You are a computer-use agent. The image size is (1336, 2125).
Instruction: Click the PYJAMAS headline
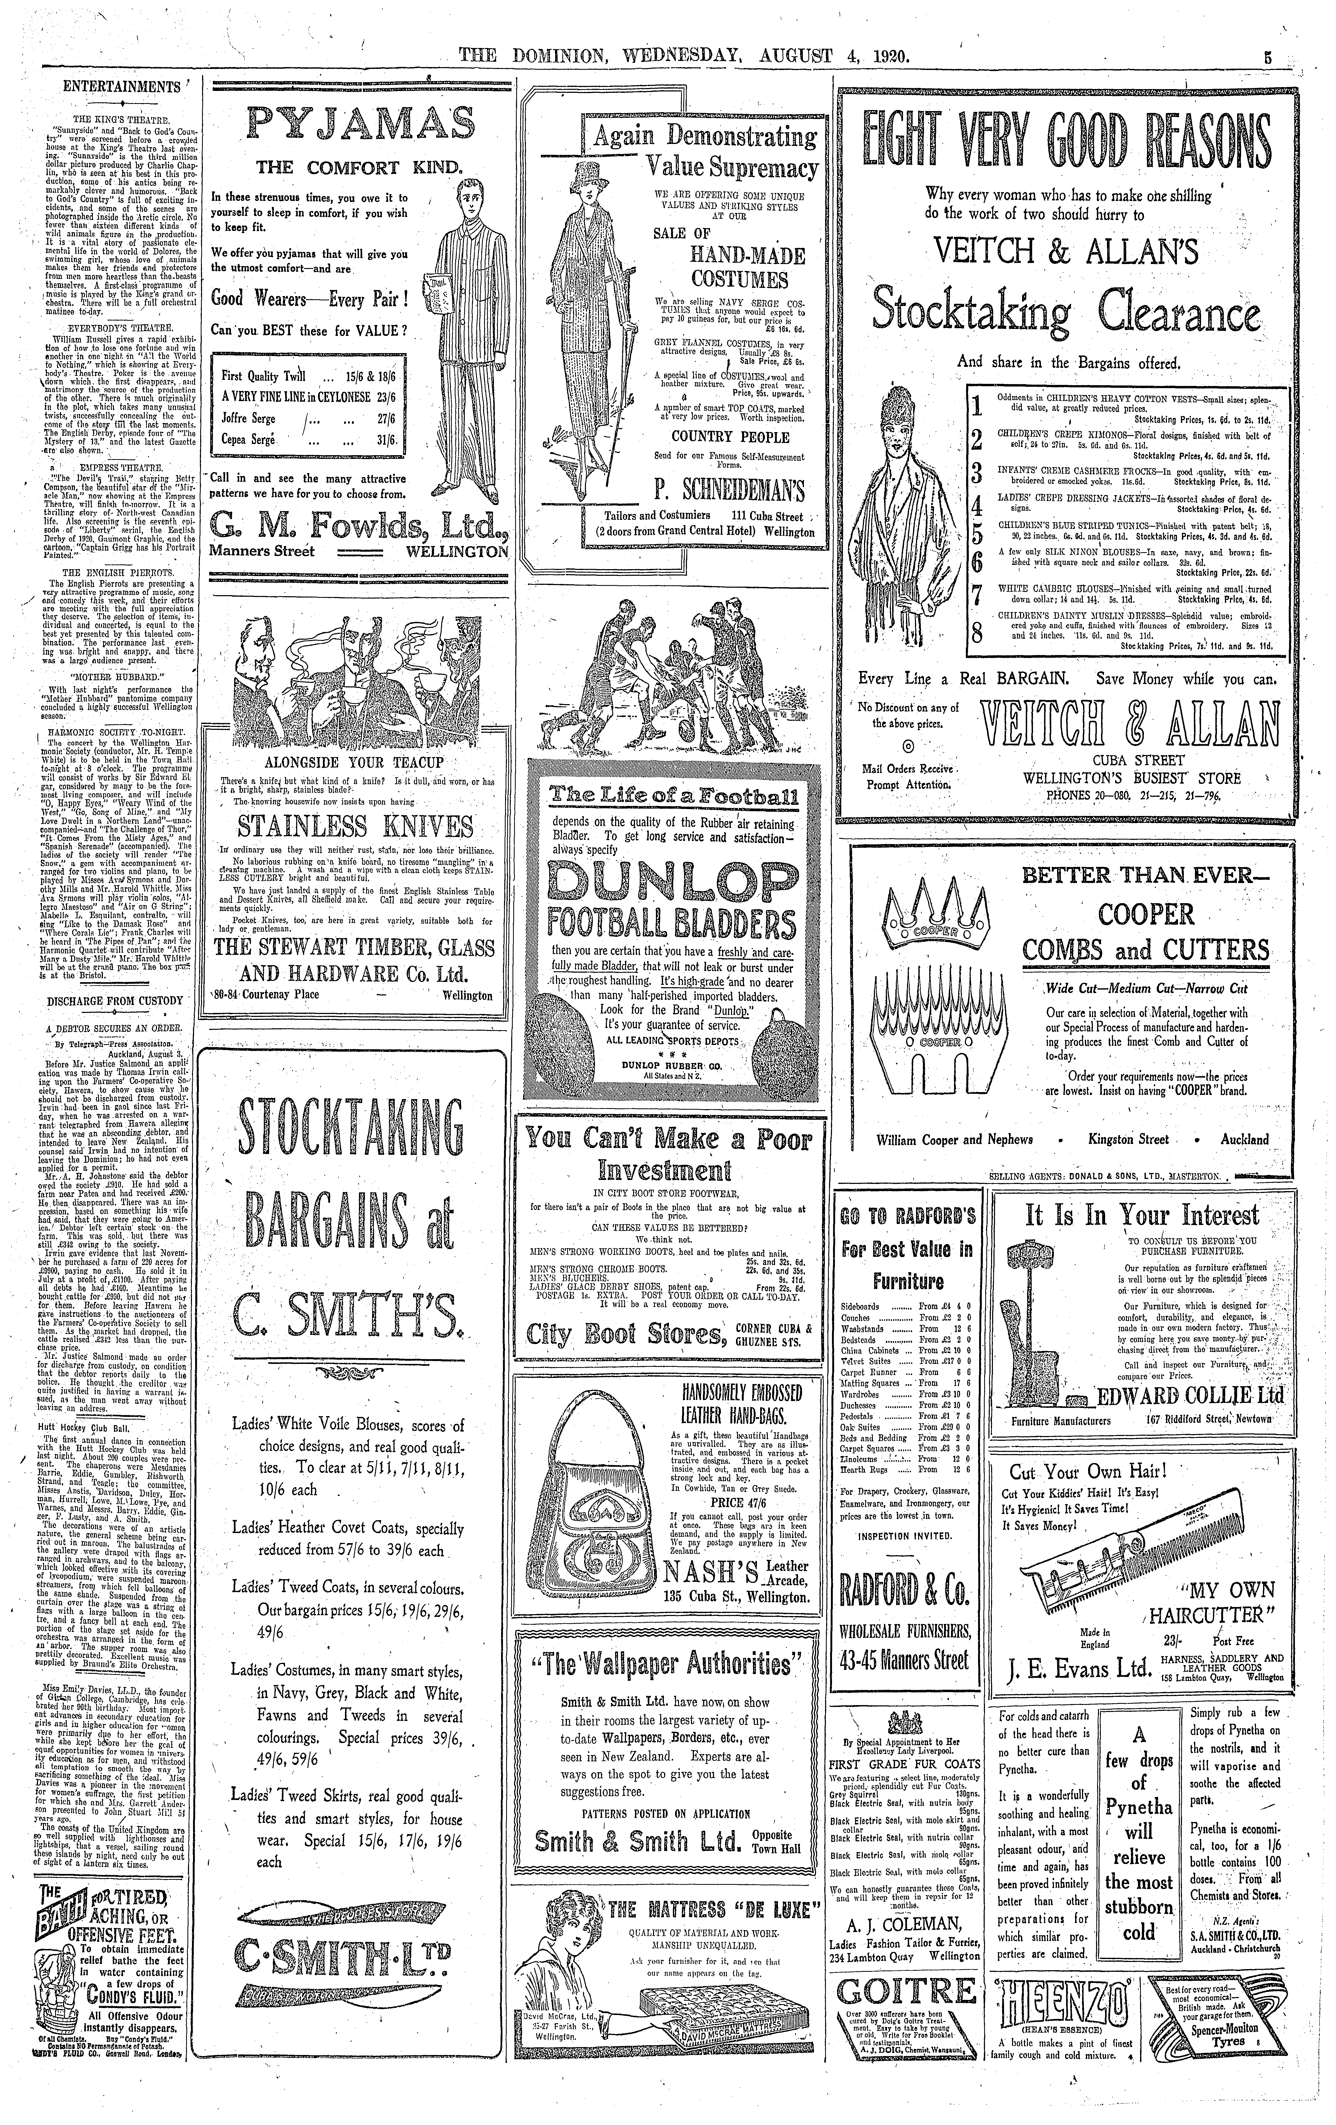click(359, 124)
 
